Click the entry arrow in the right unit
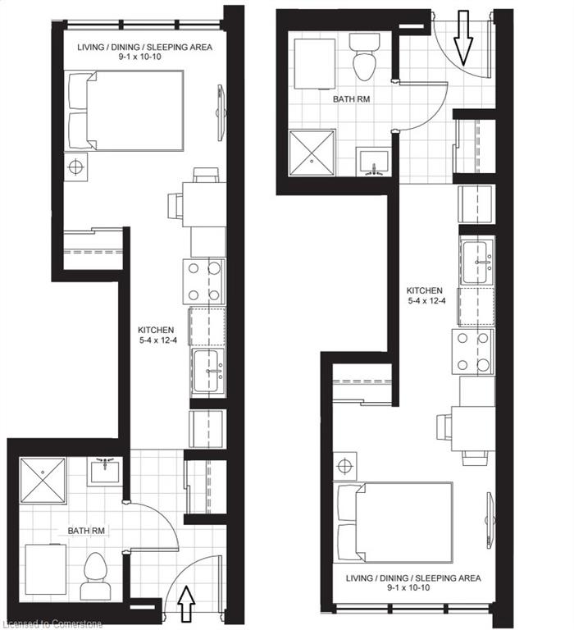[463, 38]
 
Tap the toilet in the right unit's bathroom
[364, 57]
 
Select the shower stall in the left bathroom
[43, 481]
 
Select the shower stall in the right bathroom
[312, 153]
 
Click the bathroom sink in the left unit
[105, 472]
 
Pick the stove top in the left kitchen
[203, 281]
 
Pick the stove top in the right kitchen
[473, 352]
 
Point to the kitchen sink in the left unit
[208, 371]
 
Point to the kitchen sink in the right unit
[477, 262]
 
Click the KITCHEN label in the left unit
[156, 330]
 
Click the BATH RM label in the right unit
[352, 98]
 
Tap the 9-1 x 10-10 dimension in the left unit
[139, 57]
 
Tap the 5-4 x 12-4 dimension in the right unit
[426, 300]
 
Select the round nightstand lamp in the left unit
[75, 167]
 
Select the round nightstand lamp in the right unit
[344, 466]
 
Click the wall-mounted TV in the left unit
[221, 112]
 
